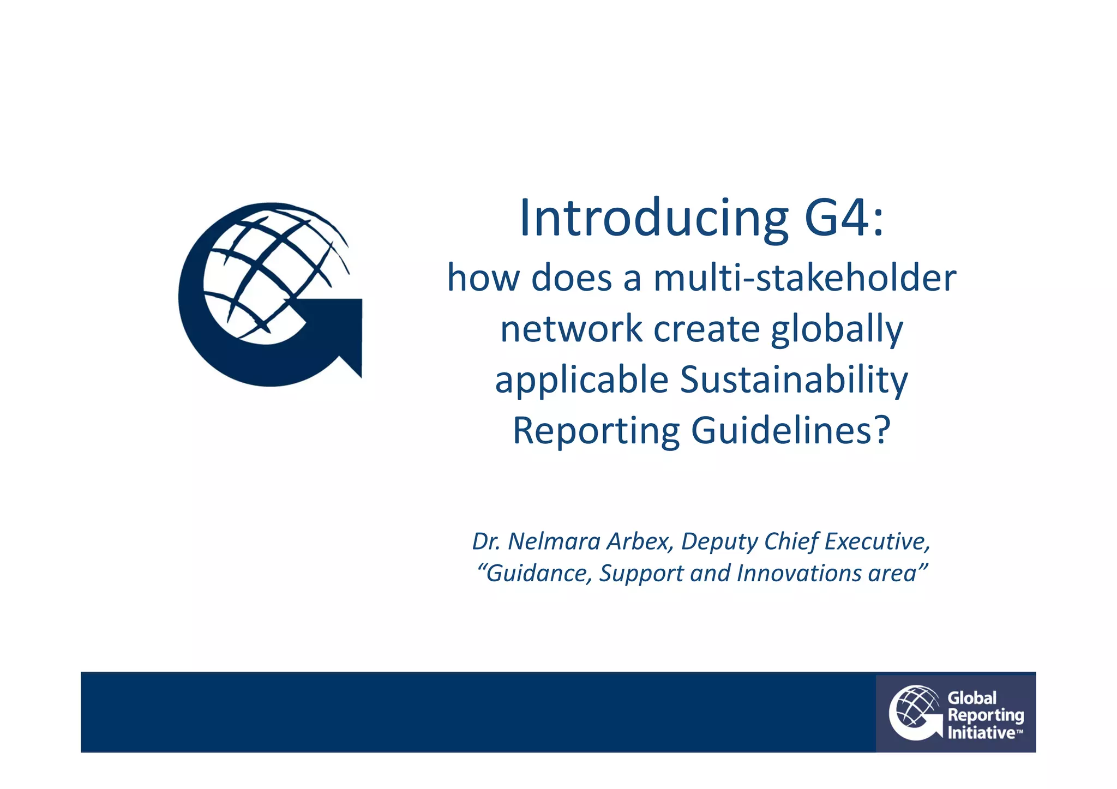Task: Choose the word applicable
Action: click(x=581, y=380)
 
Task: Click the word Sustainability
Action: click(x=794, y=381)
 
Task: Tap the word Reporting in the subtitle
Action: click(x=596, y=431)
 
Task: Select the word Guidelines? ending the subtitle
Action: click(x=791, y=431)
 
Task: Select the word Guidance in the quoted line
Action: click(x=536, y=574)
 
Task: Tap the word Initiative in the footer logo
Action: click(x=981, y=733)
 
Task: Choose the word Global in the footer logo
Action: click(x=972, y=698)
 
